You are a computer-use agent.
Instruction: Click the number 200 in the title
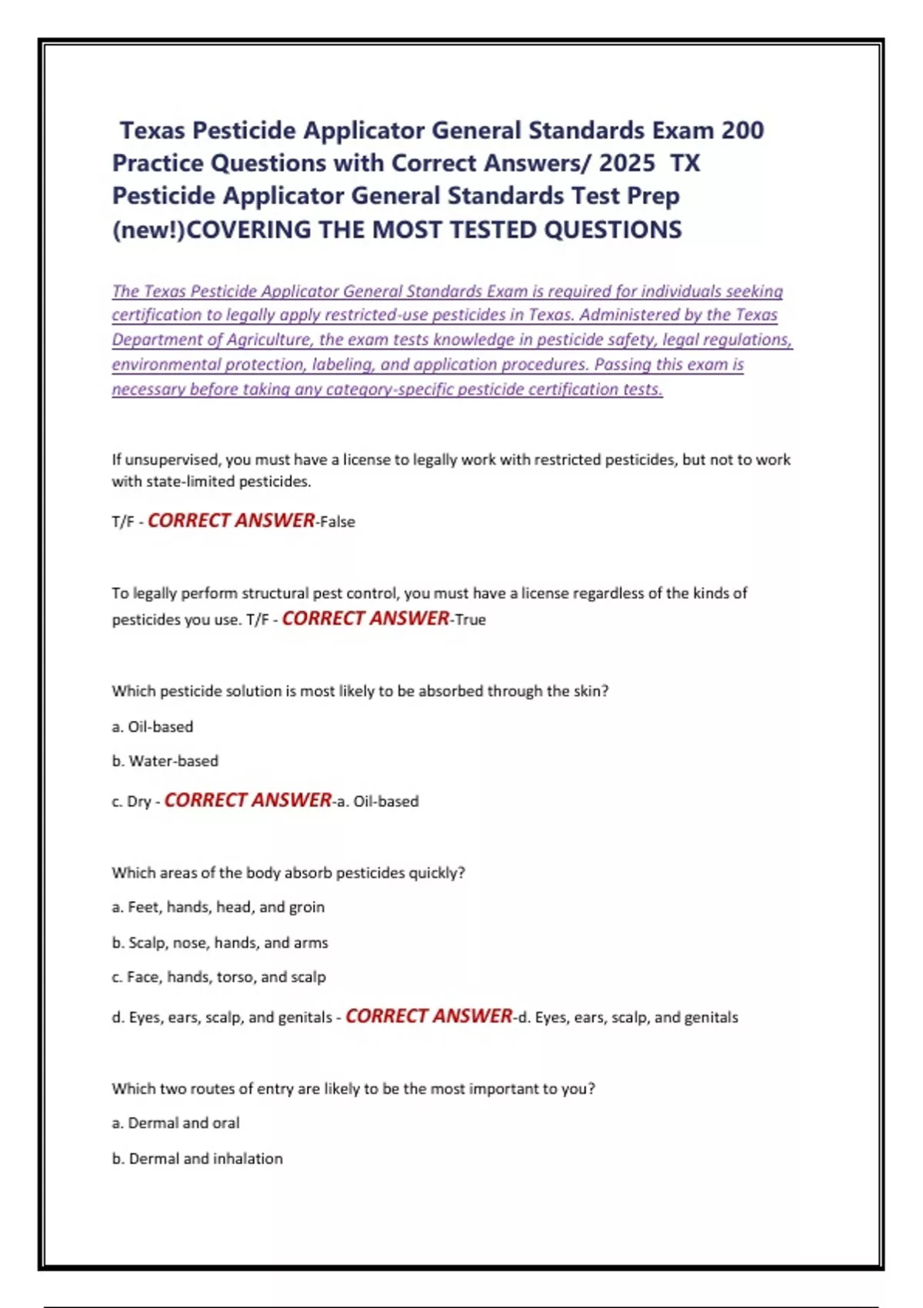[x=742, y=131]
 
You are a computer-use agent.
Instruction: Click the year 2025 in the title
[x=627, y=163]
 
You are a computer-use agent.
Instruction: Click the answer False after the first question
[x=338, y=522]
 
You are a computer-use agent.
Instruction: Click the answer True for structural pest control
[x=471, y=619]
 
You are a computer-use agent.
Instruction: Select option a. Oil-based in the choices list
[x=152, y=726]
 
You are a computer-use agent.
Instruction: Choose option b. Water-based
[x=165, y=761]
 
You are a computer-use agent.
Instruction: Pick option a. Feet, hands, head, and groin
[x=218, y=907]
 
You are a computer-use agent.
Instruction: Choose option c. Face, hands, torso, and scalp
[x=218, y=977]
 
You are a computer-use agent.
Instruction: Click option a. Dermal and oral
[x=175, y=1123]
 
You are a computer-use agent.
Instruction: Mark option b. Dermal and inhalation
[x=197, y=1159]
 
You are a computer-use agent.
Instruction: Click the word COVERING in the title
[x=249, y=229]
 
